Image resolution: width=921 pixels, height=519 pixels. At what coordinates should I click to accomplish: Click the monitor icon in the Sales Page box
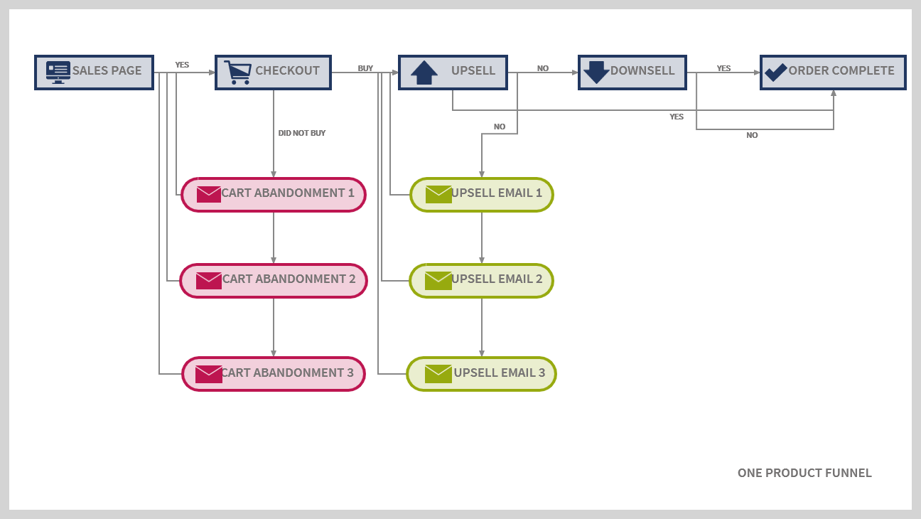click(58, 72)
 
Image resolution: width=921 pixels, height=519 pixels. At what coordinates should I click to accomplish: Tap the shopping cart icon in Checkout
click(237, 72)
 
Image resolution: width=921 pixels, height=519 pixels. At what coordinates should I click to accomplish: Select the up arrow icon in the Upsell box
click(424, 73)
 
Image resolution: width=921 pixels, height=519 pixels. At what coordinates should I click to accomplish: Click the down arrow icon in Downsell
click(596, 73)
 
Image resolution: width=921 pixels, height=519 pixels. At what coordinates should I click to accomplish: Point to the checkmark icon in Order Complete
click(775, 72)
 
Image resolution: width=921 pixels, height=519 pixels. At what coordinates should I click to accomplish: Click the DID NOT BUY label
click(302, 133)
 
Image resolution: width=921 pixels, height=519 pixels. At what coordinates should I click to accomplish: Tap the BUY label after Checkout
click(365, 68)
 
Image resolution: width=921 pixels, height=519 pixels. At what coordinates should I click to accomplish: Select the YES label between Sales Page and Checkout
click(182, 65)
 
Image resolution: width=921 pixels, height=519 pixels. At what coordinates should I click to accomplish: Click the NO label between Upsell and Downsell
click(543, 68)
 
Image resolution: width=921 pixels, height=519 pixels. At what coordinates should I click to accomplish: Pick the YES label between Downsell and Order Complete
click(723, 68)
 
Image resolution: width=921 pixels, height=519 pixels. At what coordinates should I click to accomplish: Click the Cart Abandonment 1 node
click(274, 194)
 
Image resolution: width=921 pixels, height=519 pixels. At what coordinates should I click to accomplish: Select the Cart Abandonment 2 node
click(274, 280)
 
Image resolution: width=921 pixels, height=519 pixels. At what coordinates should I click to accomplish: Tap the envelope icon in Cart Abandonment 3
click(208, 374)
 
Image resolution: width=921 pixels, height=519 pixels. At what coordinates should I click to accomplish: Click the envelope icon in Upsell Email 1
click(438, 194)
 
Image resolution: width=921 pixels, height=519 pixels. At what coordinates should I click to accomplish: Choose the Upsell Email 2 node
click(481, 280)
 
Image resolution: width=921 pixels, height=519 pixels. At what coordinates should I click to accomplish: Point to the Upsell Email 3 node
click(481, 374)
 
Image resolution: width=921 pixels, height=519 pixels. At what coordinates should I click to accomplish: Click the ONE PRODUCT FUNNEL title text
click(804, 473)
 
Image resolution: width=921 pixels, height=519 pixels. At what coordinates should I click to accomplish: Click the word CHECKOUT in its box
click(287, 70)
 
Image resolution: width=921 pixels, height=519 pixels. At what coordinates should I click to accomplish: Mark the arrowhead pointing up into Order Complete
click(834, 93)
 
